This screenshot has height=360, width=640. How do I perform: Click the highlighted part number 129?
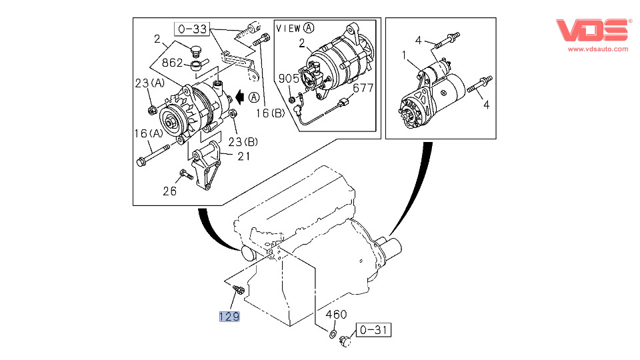click(229, 316)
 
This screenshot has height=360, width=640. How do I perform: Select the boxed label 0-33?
click(192, 29)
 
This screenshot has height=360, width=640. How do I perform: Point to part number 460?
click(337, 315)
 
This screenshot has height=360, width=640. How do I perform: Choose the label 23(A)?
click(149, 83)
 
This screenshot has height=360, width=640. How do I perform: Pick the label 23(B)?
click(243, 141)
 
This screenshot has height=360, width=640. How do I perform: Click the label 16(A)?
click(148, 133)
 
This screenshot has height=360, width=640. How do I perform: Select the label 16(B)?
click(270, 113)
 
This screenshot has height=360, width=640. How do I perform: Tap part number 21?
click(243, 157)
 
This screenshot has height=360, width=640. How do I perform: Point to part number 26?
click(171, 191)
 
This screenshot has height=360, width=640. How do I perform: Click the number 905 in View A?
click(288, 79)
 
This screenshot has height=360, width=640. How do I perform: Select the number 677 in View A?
click(363, 88)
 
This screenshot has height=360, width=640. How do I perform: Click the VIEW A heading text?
click(295, 28)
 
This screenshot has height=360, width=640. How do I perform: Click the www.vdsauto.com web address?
click(597, 49)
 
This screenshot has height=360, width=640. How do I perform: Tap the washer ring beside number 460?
click(331, 331)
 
